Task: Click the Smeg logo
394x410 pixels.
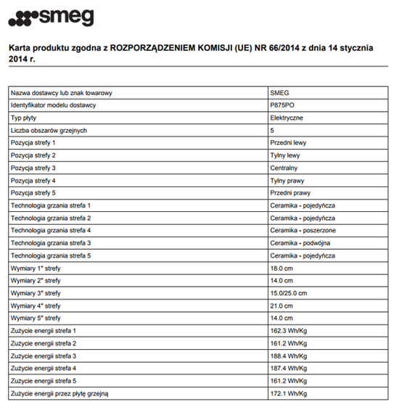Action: [50, 16]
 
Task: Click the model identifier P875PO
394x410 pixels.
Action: [282, 105]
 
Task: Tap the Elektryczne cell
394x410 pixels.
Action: [287, 118]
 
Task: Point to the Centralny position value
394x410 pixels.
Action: [284, 168]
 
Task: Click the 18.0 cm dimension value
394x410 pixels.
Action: [281, 268]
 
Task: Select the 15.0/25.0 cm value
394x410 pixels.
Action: [289, 292]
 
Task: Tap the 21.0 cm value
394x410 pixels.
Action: [281, 306]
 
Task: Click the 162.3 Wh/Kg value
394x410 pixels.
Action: [288, 330]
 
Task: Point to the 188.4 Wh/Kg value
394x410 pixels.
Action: [288, 356]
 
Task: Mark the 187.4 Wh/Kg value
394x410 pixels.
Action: [288, 368]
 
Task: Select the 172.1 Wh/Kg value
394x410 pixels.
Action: [288, 393]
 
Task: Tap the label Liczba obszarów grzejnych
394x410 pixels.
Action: [49, 130]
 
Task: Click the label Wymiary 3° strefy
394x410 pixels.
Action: [36, 292]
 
